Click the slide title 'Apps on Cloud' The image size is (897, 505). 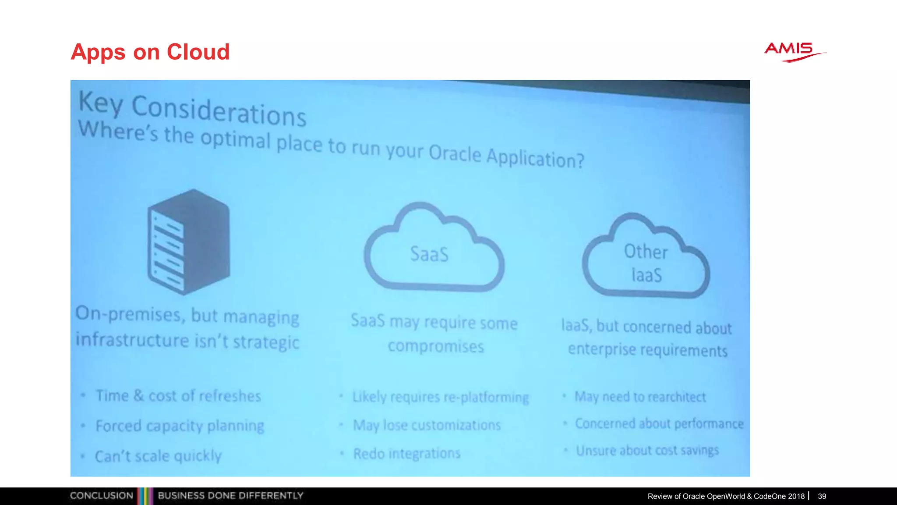pyautogui.click(x=150, y=52)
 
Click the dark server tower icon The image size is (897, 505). pyautogui.click(x=189, y=242)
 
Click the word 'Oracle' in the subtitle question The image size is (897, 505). pyautogui.click(x=455, y=153)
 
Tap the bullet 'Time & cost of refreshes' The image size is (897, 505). pyautogui.click(x=178, y=396)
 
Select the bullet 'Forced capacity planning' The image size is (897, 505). pyautogui.click(x=180, y=426)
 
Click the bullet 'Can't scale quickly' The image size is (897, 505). pyautogui.click(x=158, y=456)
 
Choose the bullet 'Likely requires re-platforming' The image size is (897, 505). pyautogui.click(x=441, y=397)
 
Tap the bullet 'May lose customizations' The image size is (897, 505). pyautogui.click(x=427, y=425)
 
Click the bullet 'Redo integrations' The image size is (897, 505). pyautogui.click(x=406, y=453)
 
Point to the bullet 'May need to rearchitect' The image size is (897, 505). pyautogui.click(x=640, y=397)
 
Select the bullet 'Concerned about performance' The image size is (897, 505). pyautogui.click(x=659, y=423)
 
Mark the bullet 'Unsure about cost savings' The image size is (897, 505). pyautogui.click(x=647, y=450)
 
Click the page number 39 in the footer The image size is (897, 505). pyautogui.click(x=822, y=496)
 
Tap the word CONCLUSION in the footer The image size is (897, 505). pyautogui.click(x=102, y=496)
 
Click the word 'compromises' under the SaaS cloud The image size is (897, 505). pyautogui.click(x=436, y=346)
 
